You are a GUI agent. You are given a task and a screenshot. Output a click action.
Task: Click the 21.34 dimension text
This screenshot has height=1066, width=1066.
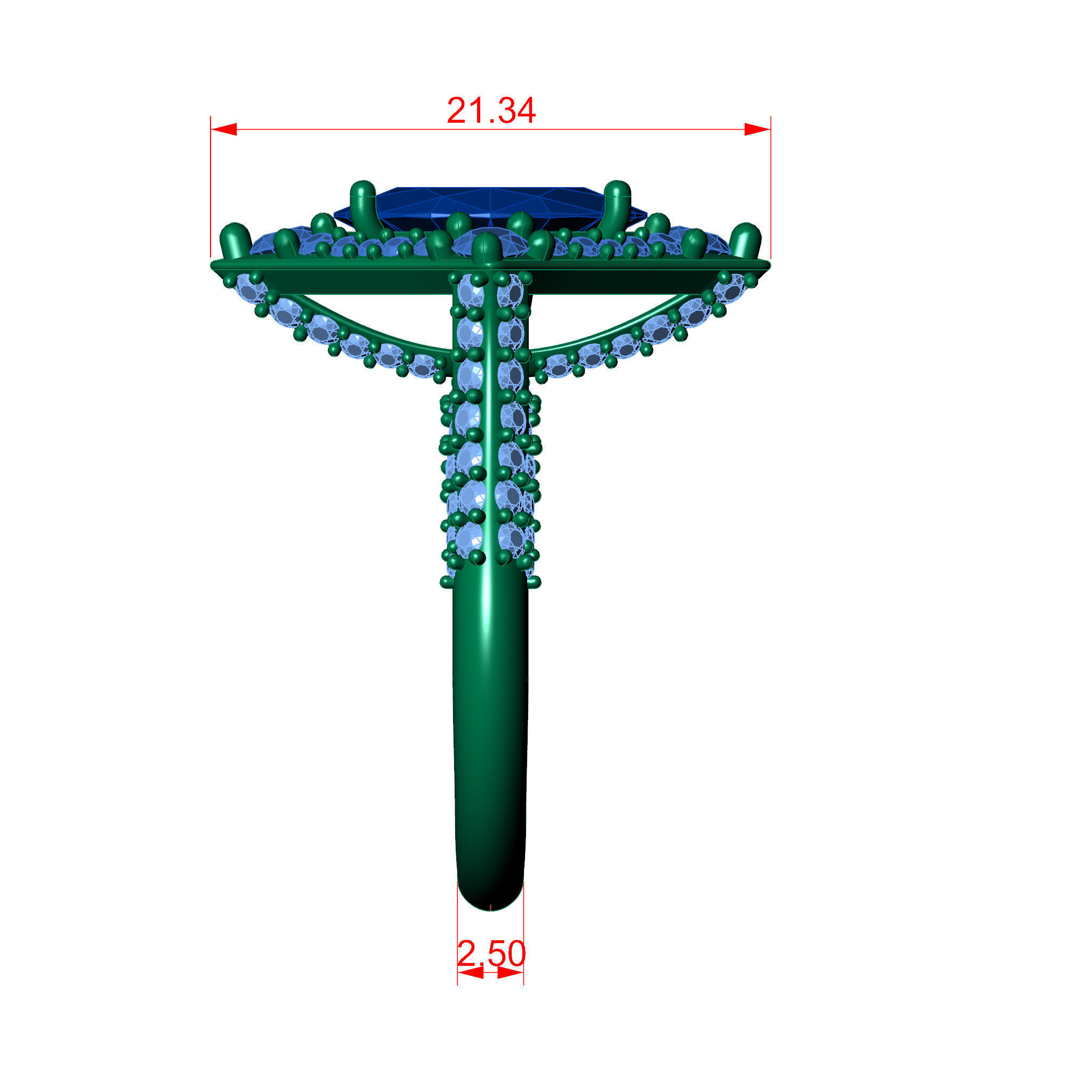point(490,110)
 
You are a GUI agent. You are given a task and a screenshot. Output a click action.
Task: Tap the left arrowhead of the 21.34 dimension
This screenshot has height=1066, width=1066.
point(224,129)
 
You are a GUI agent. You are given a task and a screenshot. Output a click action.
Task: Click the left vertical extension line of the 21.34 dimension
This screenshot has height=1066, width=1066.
point(211,188)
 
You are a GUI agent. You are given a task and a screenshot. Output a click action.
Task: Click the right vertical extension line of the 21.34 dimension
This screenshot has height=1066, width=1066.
point(770,188)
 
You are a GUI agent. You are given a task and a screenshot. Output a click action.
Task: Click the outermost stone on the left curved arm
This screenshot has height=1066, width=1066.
point(252,287)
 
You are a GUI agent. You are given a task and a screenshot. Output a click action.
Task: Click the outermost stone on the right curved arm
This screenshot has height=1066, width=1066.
point(730,287)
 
